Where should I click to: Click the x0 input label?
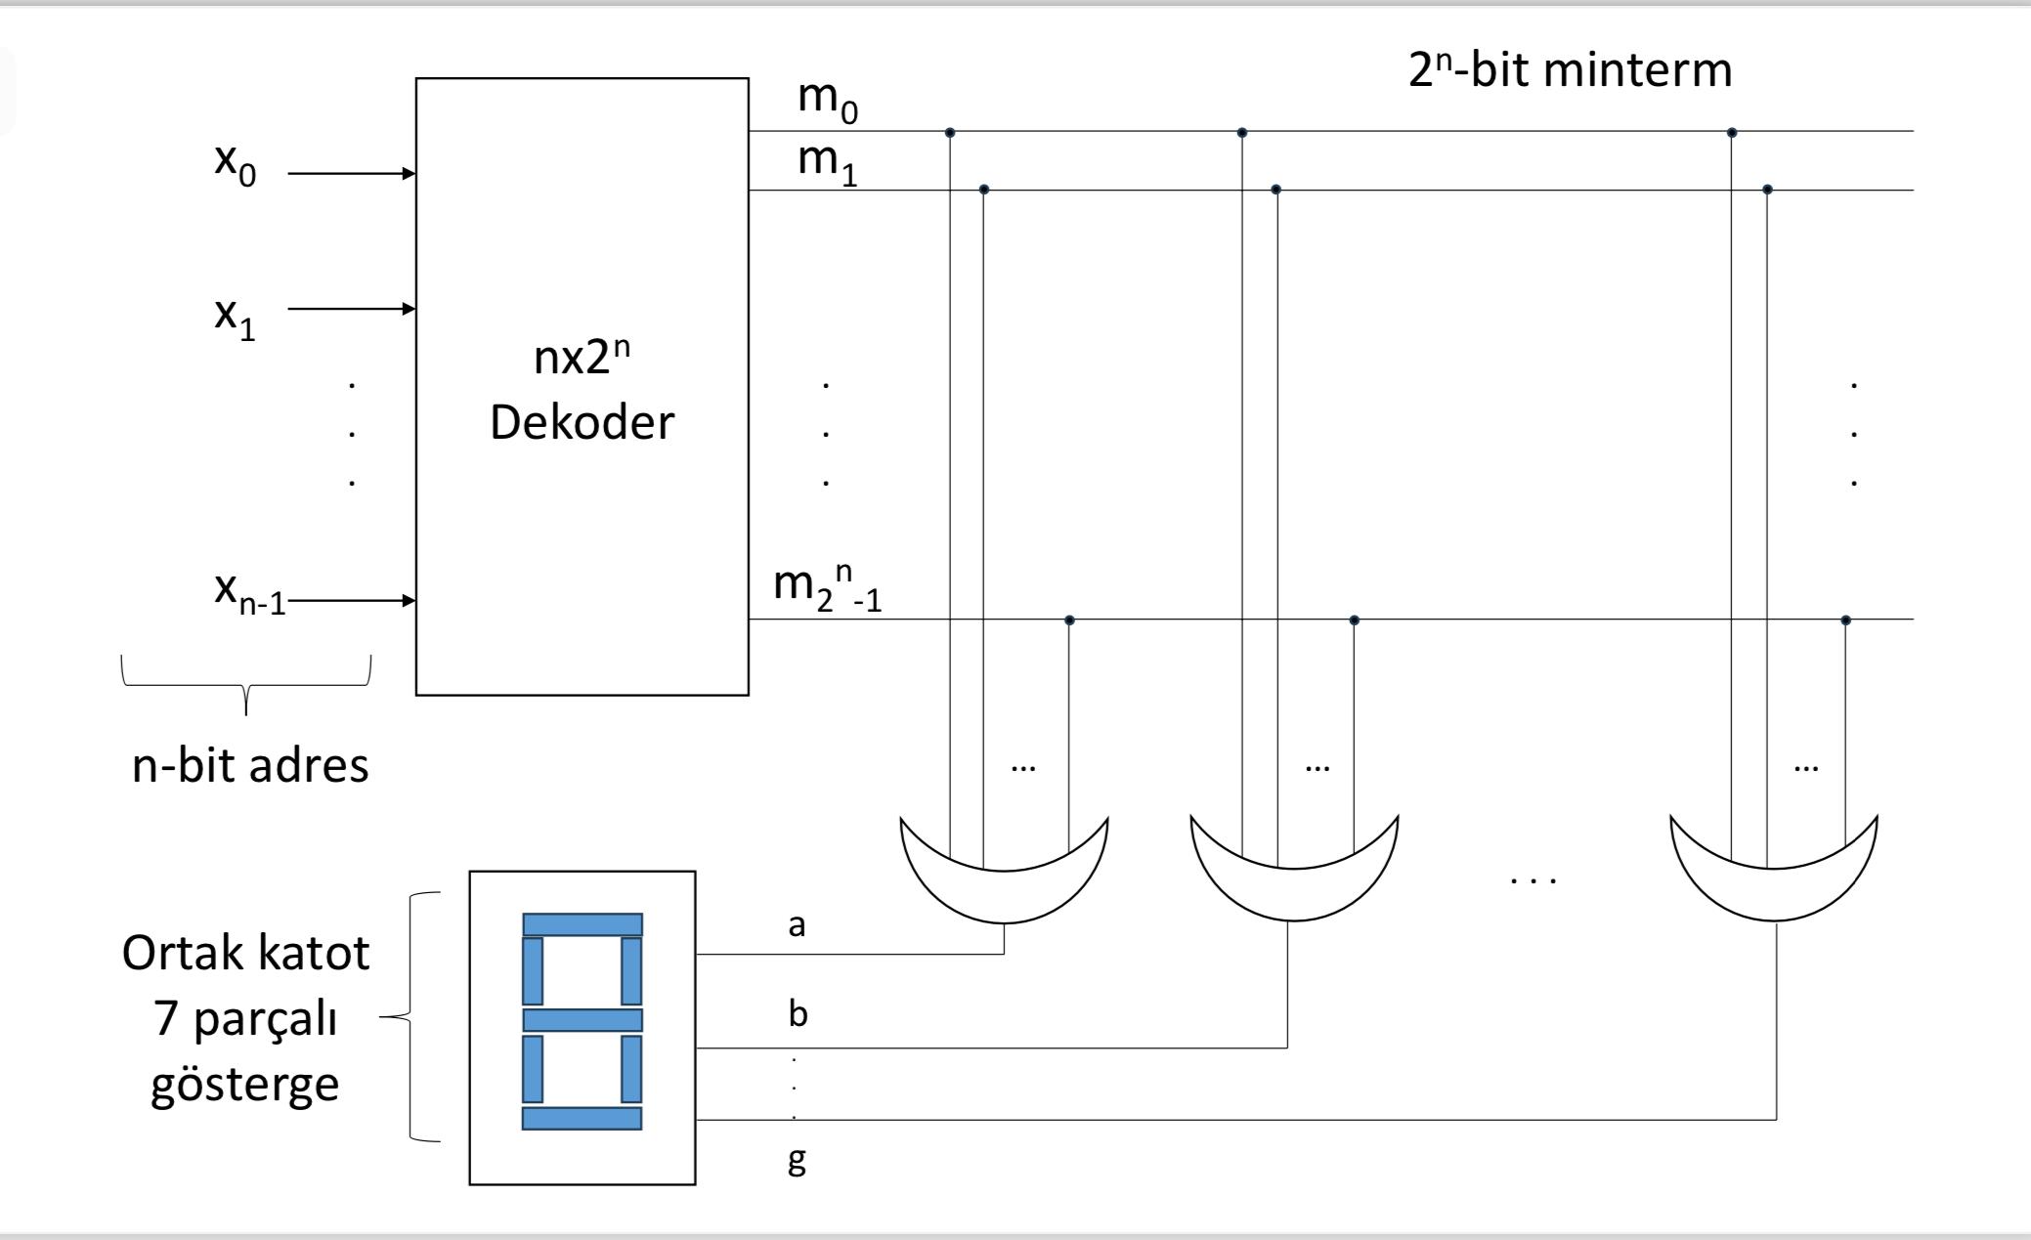pos(235,163)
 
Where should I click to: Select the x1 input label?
pos(235,319)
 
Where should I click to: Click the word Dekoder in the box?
pos(582,423)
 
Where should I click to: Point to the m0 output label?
pos(827,102)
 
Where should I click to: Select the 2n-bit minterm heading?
pos(1569,70)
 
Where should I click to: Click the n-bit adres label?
pos(250,765)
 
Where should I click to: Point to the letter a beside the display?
pos(797,924)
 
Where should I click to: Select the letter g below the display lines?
pos(797,1160)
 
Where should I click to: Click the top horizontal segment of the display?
pos(582,924)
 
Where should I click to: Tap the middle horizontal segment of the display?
pos(582,1020)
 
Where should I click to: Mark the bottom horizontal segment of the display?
pos(582,1118)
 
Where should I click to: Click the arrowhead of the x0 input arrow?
pos(410,174)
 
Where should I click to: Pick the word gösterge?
pos(244,1085)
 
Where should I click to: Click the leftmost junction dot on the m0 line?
pos(950,132)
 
